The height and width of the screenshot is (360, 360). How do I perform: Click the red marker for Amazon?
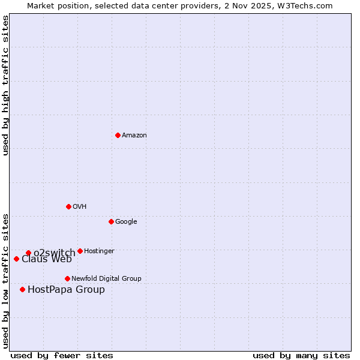[x=118, y=135]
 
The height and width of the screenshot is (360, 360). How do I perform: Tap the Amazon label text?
[x=134, y=136]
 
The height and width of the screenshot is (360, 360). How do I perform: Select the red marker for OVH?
[x=68, y=206]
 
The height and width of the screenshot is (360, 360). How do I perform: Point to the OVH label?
[x=80, y=207]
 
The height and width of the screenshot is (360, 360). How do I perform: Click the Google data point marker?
[x=111, y=221]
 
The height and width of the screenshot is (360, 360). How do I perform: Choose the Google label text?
[x=126, y=222]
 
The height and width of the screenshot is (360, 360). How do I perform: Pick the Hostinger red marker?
[x=80, y=251]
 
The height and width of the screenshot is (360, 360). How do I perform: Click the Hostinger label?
[x=99, y=251]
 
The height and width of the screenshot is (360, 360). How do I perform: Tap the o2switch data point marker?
[x=28, y=253]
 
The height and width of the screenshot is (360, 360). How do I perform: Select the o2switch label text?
[x=54, y=253]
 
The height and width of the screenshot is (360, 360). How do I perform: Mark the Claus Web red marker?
[x=16, y=259]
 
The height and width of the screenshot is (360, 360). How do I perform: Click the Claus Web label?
[x=47, y=259]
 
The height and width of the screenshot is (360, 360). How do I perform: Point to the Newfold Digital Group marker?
[x=67, y=278]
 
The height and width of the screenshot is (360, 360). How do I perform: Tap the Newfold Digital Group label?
[x=106, y=279]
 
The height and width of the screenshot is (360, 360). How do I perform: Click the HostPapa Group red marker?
[x=22, y=289]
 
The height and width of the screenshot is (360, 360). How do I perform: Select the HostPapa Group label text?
[x=66, y=290]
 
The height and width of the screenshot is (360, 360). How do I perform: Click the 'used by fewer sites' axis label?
[x=62, y=355]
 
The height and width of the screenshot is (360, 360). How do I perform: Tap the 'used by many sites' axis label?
[x=301, y=355]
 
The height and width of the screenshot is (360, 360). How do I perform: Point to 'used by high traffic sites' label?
[x=6, y=85]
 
